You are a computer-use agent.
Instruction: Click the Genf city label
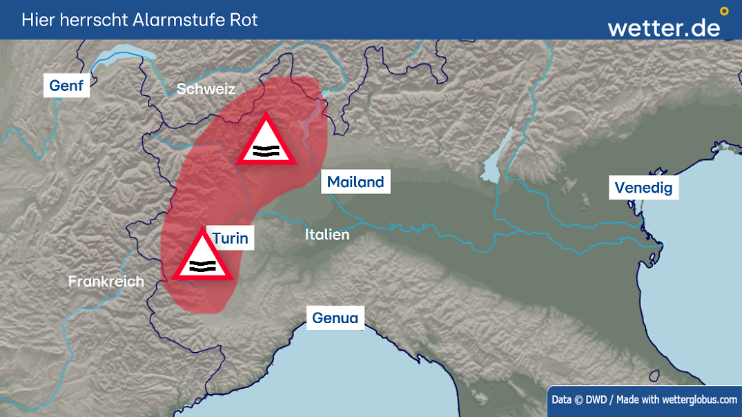coord(66,86)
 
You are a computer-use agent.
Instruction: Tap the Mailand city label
coord(355,182)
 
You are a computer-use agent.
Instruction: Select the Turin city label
coord(230,238)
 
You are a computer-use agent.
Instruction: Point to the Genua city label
coord(335,318)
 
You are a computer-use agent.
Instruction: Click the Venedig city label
coord(643,188)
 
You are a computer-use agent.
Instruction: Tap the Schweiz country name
coord(206,89)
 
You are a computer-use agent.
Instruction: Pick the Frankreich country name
coord(106,282)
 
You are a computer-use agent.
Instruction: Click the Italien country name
coord(327,235)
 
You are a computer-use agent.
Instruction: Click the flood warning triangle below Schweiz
coord(266,142)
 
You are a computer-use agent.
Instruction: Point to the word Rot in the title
coord(245,19)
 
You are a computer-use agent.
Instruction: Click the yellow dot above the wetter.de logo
coord(724,11)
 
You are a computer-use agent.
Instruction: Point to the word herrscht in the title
coord(90,19)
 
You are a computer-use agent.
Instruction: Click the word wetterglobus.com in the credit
coord(699,399)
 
